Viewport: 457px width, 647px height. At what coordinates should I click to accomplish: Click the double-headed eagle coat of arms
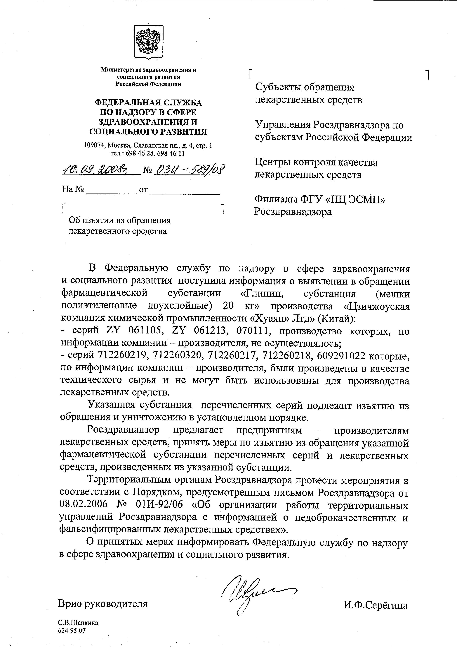tap(148, 42)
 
